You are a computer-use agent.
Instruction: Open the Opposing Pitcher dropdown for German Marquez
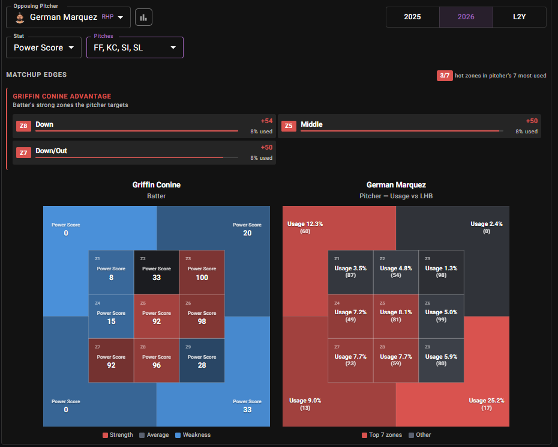[68, 17]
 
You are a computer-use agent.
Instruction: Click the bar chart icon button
[143, 17]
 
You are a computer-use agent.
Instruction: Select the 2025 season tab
[412, 17]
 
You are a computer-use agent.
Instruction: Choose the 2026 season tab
[466, 17]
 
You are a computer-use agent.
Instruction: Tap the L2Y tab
[519, 17]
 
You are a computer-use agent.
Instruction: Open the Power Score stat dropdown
[44, 47]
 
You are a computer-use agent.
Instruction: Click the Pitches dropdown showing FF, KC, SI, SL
[135, 47]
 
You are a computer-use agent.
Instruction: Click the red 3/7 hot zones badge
[445, 76]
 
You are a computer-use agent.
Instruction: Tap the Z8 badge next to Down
[23, 126]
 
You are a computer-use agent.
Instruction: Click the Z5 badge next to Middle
[289, 126]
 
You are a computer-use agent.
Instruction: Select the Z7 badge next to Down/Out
[23, 153]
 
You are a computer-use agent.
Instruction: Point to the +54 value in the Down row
[266, 121]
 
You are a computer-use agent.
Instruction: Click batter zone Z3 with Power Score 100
[202, 272]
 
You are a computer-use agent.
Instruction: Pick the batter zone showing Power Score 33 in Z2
[157, 272]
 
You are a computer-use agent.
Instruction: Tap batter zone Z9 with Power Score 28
[202, 360]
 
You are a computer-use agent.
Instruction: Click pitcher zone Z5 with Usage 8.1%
[396, 316]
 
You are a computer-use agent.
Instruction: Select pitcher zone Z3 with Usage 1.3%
[441, 272]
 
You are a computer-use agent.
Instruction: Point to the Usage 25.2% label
[487, 401]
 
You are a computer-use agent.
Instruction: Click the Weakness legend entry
[193, 435]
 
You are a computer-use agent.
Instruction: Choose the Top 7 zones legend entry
[382, 435]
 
